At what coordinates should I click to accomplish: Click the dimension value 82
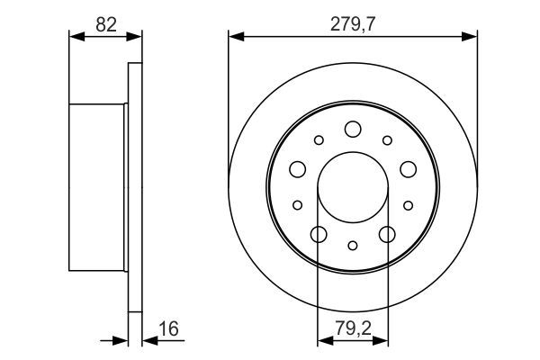pos(106,25)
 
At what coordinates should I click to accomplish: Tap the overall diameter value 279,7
pos(353,24)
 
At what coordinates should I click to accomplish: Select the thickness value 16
pos(169,328)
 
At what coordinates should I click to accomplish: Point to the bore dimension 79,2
pos(354,328)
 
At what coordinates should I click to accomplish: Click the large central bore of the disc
pos(353,187)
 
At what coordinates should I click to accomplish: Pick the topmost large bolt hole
pos(353,130)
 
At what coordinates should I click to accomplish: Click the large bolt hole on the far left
pos(298,169)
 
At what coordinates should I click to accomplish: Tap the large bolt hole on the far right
pos(408,169)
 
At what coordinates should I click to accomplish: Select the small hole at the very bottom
pos(353,246)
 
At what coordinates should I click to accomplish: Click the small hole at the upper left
pos(319,140)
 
